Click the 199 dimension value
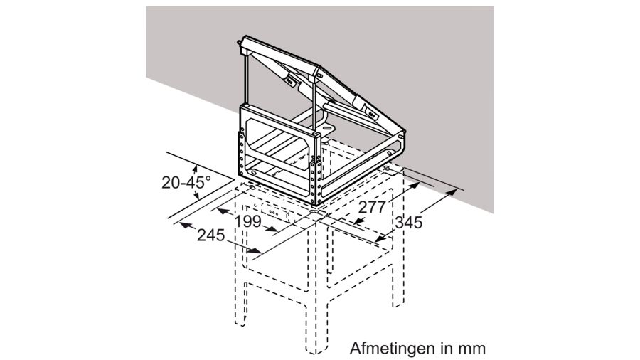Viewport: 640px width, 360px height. tap(248, 221)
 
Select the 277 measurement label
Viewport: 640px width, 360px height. tap(373, 207)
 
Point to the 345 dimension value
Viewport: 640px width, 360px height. tap(410, 222)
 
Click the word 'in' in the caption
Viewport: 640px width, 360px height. tap(445, 349)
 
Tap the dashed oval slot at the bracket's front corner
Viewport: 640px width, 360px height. tap(313, 211)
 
